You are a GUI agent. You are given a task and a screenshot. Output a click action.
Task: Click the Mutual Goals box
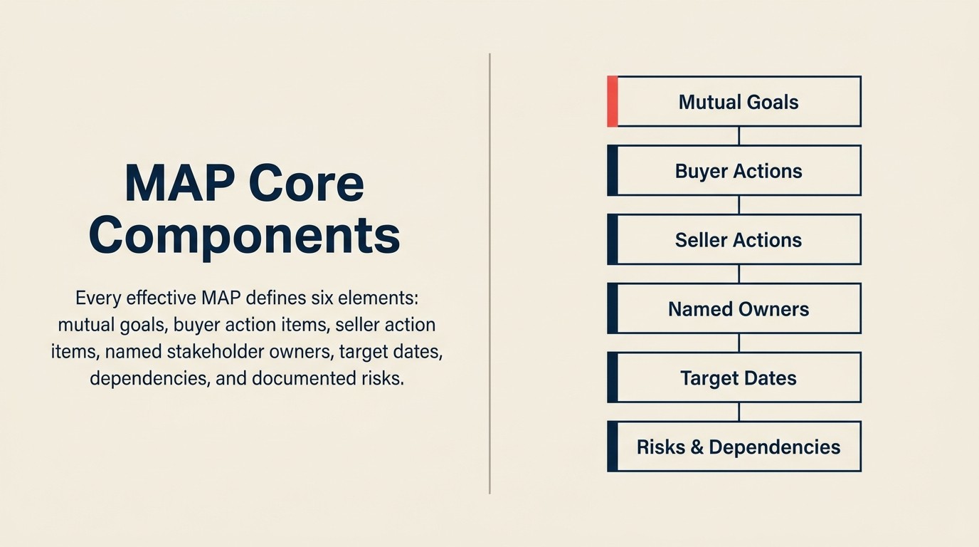(x=738, y=102)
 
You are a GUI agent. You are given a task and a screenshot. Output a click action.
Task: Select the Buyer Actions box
(x=738, y=171)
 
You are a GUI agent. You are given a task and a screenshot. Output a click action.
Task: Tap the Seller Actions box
(x=738, y=240)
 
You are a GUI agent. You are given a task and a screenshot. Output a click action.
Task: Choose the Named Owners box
(x=738, y=309)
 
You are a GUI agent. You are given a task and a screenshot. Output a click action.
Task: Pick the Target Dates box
(x=738, y=378)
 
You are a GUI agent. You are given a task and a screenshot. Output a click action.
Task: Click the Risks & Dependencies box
(x=738, y=447)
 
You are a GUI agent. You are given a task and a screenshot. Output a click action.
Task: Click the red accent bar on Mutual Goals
(x=612, y=102)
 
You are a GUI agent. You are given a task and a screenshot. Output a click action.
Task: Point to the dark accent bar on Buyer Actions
(x=612, y=171)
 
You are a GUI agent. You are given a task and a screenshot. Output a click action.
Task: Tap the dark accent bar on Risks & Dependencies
(x=612, y=447)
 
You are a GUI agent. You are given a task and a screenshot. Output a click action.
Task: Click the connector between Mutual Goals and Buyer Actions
(x=739, y=136)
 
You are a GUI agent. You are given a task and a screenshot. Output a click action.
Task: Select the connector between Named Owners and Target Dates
(x=739, y=343)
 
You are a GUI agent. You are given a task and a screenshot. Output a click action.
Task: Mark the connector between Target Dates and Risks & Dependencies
(x=739, y=412)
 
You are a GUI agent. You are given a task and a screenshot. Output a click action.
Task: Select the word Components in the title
(x=244, y=235)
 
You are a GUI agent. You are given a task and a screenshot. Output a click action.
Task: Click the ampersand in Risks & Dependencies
(x=697, y=447)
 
